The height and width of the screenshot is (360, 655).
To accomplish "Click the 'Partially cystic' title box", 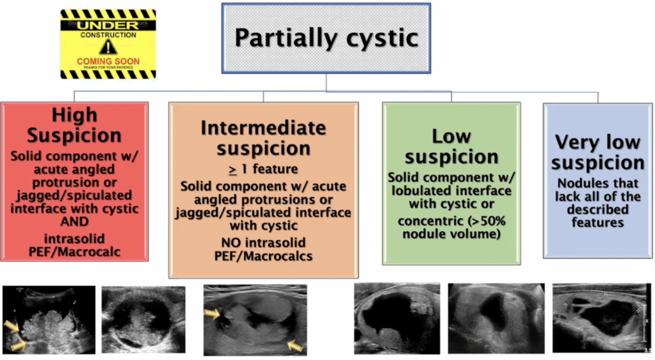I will point(326,38).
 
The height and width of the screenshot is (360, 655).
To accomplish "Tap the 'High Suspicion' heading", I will point(74,125).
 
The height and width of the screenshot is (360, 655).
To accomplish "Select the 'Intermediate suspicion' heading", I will point(263,138).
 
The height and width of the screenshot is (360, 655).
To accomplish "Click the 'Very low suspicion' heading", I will point(599,152).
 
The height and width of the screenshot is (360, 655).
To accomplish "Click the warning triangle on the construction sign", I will point(108,46).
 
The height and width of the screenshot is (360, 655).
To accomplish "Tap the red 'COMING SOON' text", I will point(108,61).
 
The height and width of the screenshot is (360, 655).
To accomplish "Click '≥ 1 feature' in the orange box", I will point(263,168).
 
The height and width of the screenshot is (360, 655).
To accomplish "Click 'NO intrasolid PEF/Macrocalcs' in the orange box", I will point(263,250).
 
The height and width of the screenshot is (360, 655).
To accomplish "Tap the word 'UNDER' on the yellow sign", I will point(108,25).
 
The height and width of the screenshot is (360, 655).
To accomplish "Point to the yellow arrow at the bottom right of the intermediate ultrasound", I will point(294,346).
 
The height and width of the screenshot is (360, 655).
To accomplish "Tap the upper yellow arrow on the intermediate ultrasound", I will point(212,313).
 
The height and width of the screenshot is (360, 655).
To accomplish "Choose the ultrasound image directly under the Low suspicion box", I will point(397,318).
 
